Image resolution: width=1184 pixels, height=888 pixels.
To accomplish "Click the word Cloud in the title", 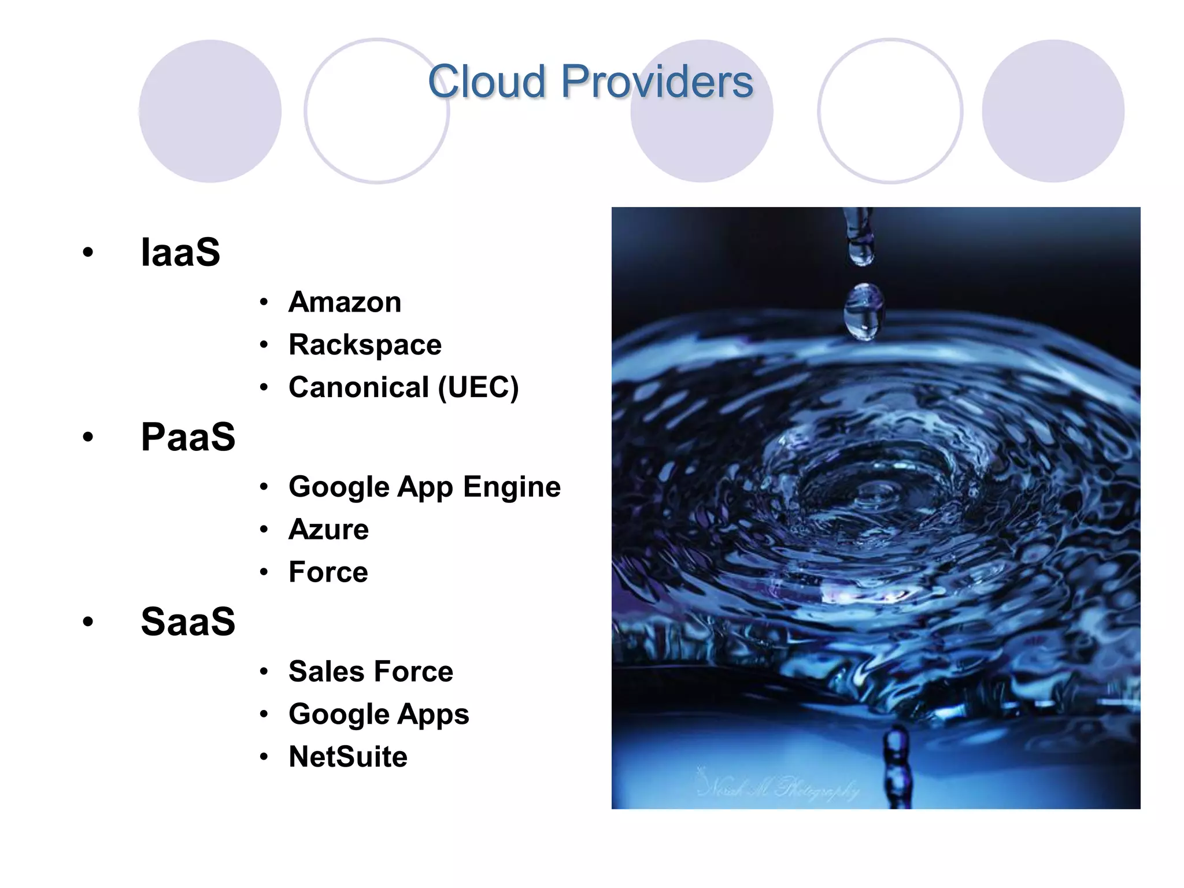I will (x=486, y=82).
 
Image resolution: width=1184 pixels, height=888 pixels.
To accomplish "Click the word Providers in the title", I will (x=657, y=82).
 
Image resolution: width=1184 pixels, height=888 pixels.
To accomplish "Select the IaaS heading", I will (x=180, y=253).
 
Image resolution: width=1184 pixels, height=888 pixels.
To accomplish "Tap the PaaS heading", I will (x=188, y=437).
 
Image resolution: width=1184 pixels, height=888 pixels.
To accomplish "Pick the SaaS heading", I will (x=188, y=622).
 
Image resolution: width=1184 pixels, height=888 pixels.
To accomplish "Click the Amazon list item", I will (x=345, y=302).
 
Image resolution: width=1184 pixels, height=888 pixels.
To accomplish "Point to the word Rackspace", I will (x=365, y=345).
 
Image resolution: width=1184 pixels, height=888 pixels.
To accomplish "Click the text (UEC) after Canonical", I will (x=478, y=387).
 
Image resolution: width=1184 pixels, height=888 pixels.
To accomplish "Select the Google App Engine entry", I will (x=424, y=487).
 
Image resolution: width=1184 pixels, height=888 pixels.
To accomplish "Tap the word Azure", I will (x=328, y=530).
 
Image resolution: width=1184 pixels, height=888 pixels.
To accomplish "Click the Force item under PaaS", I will (x=328, y=572).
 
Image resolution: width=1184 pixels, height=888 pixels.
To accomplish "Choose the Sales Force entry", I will (x=371, y=672).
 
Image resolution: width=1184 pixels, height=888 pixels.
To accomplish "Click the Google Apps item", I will (x=379, y=715).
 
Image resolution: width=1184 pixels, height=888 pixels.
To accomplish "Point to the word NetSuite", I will (x=348, y=757).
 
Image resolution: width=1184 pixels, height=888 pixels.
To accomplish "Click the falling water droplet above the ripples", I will (x=864, y=310).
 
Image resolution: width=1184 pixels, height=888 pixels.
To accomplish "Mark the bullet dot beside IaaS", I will (x=88, y=252).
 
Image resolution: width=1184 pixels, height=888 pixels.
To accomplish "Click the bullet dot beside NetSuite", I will (x=264, y=757).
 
